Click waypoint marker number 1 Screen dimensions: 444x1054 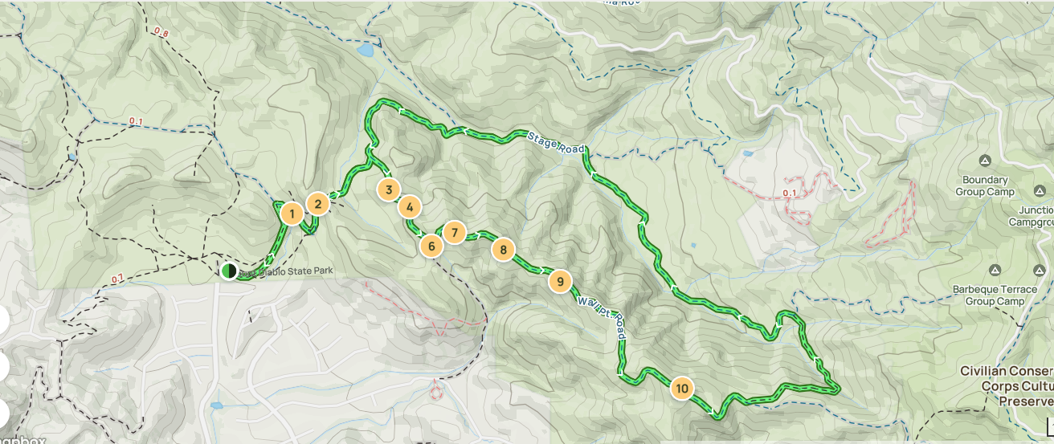292,214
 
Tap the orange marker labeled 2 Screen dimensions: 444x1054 318,204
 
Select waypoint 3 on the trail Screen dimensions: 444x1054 388,189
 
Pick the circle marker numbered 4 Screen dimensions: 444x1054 410,207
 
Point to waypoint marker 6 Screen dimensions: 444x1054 431,246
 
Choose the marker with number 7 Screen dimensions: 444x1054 454,233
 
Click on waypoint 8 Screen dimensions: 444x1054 503,250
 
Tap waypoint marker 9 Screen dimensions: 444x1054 559,281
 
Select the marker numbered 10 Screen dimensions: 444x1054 682,389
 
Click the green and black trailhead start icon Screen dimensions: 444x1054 229,271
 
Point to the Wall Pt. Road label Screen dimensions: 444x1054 602,315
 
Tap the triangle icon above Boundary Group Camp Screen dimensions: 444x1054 985,161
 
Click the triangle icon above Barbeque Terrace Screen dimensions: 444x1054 995,270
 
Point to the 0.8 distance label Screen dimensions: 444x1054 161,33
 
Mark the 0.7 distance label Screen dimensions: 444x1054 118,279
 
